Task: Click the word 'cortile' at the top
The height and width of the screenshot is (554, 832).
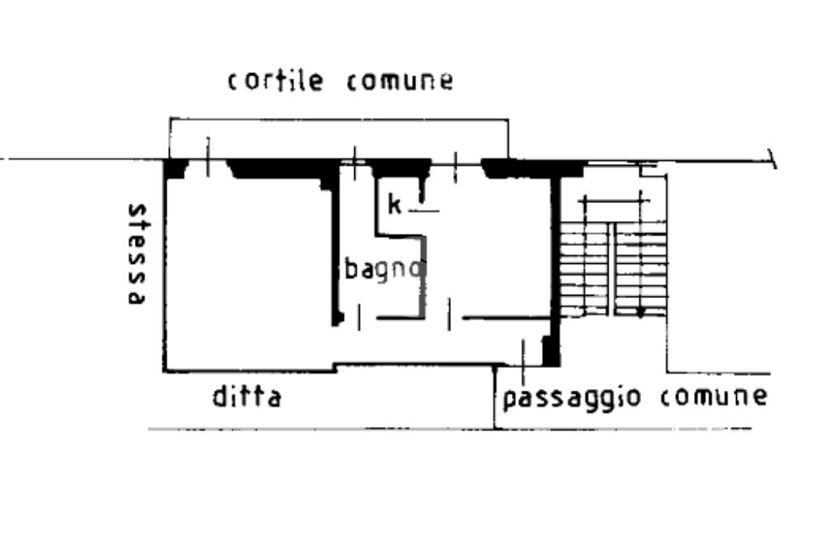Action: coord(275,80)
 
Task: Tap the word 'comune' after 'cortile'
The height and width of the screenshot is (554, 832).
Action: coord(399,81)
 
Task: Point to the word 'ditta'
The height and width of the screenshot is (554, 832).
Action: coord(246,398)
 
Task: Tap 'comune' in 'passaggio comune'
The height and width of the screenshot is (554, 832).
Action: coord(713,396)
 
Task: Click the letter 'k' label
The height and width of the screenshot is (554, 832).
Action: coord(394,205)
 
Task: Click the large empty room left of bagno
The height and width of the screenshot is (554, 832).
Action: coord(248,268)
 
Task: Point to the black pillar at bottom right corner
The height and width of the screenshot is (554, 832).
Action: coord(551,351)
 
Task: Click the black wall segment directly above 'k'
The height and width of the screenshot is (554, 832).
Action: coord(400,167)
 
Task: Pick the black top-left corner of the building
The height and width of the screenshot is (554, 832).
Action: coord(174,168)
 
